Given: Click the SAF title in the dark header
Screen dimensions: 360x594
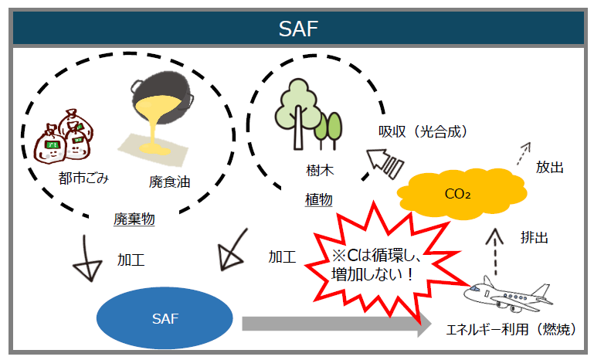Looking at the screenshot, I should [297, 29].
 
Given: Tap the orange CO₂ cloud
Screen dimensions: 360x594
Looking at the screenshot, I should [457, 192].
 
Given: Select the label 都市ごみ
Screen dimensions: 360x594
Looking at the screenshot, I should [83, 179].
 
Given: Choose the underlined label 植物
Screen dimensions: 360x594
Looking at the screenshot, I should [318, 199].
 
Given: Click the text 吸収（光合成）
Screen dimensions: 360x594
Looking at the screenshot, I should [423, 132].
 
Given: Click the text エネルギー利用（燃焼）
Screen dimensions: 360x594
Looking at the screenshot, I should [511, 330].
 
